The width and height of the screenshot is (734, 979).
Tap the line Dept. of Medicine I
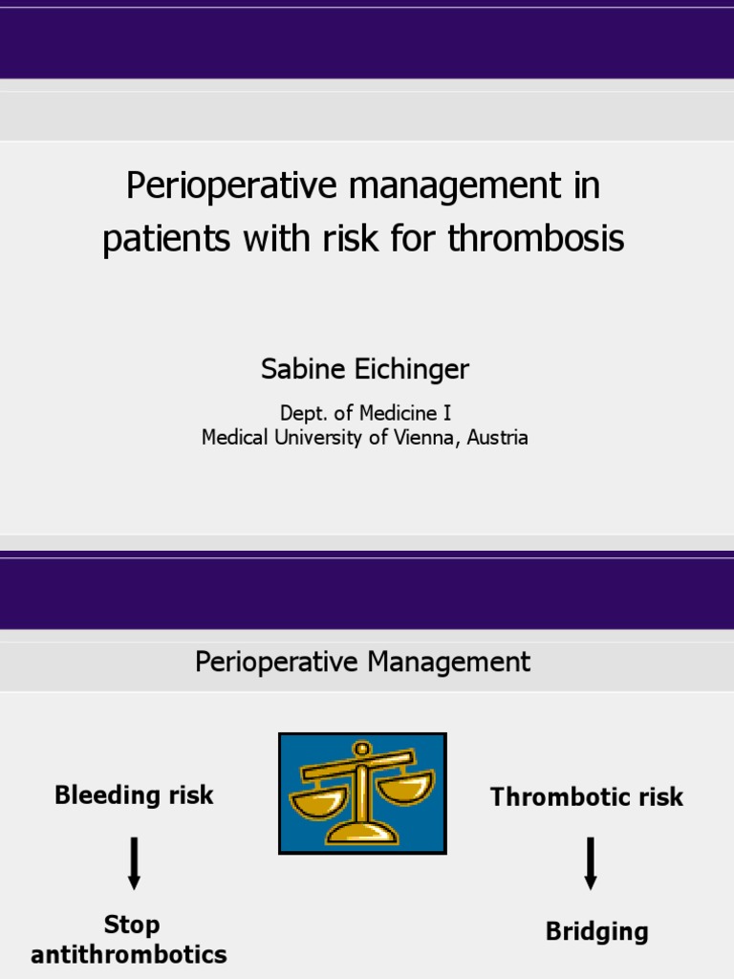click(364, 414)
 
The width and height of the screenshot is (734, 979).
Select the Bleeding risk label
click(134, 795)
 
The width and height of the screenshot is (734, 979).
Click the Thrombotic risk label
click(587, 797)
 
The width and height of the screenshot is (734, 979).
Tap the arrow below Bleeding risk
click(134, 862)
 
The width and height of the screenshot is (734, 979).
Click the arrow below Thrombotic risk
click(591, 862)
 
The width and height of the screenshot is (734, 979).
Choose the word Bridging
click(596, 932)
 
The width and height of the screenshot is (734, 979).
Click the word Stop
click(132, 925)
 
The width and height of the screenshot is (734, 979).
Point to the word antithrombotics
click(129, 954)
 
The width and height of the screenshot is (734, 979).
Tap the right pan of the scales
click(405, 787)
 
